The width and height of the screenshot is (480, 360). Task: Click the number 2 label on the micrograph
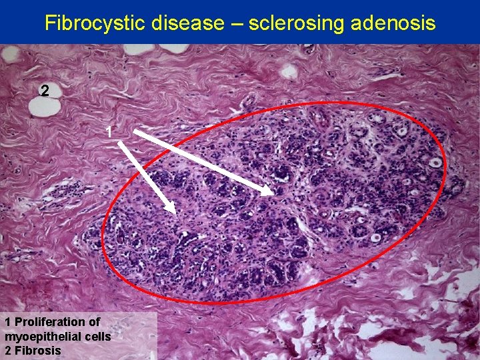(x=44, y=91)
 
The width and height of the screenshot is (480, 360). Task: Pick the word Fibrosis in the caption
(x=37, y=351)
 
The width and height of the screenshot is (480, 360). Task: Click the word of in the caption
(x=94, y=322)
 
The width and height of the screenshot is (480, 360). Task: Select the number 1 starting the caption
(x=7, y=322)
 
